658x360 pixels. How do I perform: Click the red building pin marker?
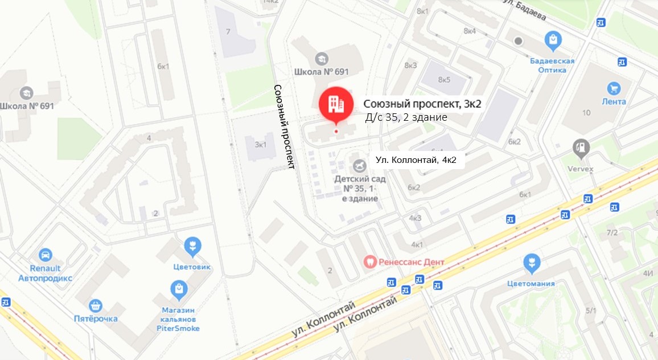[x=336, y=104]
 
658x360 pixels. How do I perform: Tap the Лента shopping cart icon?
[x=613, y=88]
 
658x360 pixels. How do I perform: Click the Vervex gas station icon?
[x=581, y=148]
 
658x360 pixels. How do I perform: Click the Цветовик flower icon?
[x=193, y=246]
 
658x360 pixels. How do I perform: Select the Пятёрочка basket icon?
[x=96, y=305]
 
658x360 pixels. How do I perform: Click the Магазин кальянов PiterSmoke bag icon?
[x=179, y=289]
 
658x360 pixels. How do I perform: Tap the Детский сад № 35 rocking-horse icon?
[x=360, y=165]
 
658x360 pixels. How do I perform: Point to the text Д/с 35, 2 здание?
[x=406, y=117]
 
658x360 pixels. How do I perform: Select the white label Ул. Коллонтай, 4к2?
[x=416, y=160]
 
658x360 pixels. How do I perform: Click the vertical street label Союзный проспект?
[x=284, y=127]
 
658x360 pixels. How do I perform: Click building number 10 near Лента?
[x=586, y=113]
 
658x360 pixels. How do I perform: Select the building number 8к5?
[x=444, y=80]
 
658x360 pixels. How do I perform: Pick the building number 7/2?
[x=612, y=232]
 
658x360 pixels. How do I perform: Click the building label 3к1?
[x=261, y=144]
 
